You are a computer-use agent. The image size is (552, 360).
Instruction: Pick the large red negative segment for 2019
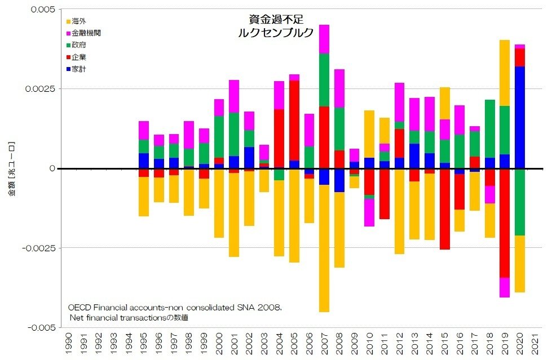tap(504, 223)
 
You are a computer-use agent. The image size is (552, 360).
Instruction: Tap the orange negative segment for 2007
tap(324, 248)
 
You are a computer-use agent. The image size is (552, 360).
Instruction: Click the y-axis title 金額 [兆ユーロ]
tap(12, 169)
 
